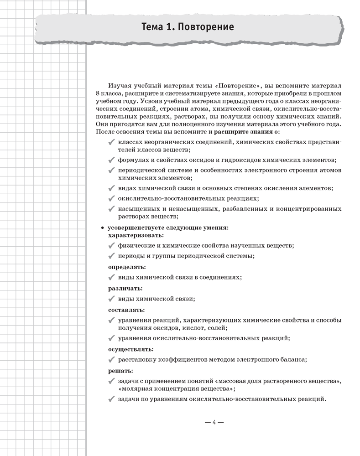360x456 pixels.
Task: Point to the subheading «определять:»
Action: click(127, 267)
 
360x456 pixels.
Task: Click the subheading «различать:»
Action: click(125, 288)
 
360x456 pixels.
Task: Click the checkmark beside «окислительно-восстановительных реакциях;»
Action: click(111, 198)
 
